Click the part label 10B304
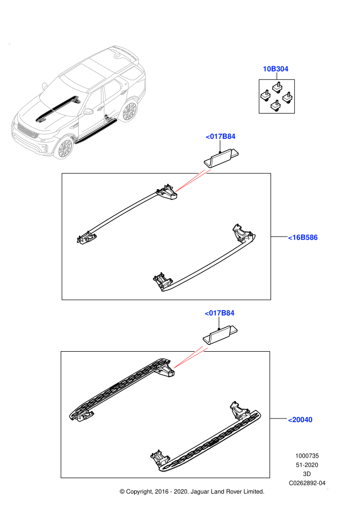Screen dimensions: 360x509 [x=275, y=69]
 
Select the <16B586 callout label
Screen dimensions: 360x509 [x=303, y=238]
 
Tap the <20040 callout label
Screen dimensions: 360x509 [x=300, y=420]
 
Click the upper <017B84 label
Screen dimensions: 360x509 [x=221, y=136]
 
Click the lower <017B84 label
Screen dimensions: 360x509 [x=220, y=313]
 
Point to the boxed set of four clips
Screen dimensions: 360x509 [x=277, y=97]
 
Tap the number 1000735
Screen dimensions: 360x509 [x=307, y=456]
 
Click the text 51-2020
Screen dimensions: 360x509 [x=307, y=465]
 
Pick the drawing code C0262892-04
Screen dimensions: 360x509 [x=307, y=483]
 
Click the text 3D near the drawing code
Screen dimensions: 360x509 [x=307, y=474]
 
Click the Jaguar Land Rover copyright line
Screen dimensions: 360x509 [x=192, y=492]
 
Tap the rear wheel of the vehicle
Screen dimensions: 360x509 [x=129, y=112]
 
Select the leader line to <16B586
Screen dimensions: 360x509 [x=279, y=237]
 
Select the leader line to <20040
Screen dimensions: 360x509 [x=279, y=419]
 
